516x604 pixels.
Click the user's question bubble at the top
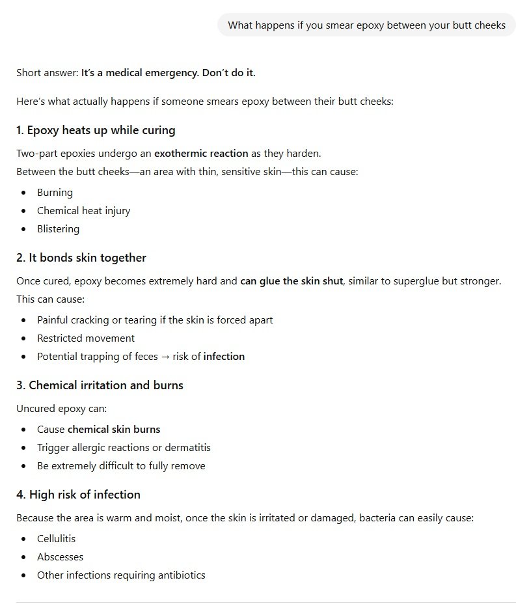[366, 25]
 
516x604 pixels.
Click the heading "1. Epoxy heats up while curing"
[96, 130]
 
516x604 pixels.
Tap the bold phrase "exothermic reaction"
[201, 154]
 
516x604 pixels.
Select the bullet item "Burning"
[55, 193]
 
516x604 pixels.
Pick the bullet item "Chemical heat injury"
[83, 211]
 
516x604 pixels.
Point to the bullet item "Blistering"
[58, 229]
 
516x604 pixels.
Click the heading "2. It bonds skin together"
[81, 258]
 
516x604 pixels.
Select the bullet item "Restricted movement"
[86, 338]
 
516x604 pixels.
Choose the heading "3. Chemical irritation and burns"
[100, 385]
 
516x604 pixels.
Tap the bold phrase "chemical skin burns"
[114, 430]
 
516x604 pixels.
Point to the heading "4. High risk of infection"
[78, 495]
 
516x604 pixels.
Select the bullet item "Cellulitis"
[56, 539]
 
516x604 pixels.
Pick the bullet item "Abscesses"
[60, 557]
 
